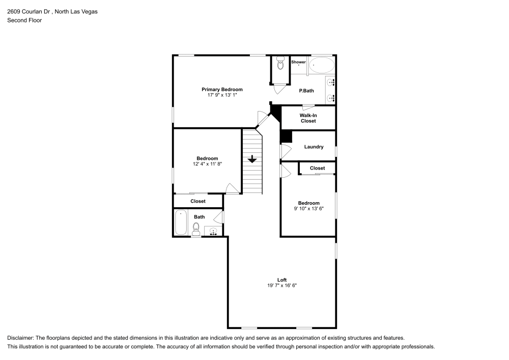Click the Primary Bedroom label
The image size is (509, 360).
[x=222, y=90]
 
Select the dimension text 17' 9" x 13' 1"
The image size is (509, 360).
[x=222, y=95]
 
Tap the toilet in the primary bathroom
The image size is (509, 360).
[x=279, y=64]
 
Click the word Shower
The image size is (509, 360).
[x=298, y=62]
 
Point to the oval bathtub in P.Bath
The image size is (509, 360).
[x=322, y=65]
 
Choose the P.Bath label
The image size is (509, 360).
[x=306, y=91]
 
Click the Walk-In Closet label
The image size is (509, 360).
[x=308, y=118]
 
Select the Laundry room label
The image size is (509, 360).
[x=314, y=147]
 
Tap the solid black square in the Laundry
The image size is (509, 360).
[x=286, y=136]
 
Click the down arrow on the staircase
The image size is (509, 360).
[x=251, y=159]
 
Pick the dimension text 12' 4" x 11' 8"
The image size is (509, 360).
[x=207, y=164]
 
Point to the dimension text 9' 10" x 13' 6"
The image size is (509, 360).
[x=308, y=208]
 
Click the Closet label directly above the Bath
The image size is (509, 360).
[x=198, y=201]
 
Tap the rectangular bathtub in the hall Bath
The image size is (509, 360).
[x=181, y=223]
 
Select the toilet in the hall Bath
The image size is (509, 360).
[x=196, y=228]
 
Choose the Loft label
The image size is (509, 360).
[x=282, y=280]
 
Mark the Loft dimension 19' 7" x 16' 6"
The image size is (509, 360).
[x=282, y=286]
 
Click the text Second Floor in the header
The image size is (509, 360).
[x=24, y=20]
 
